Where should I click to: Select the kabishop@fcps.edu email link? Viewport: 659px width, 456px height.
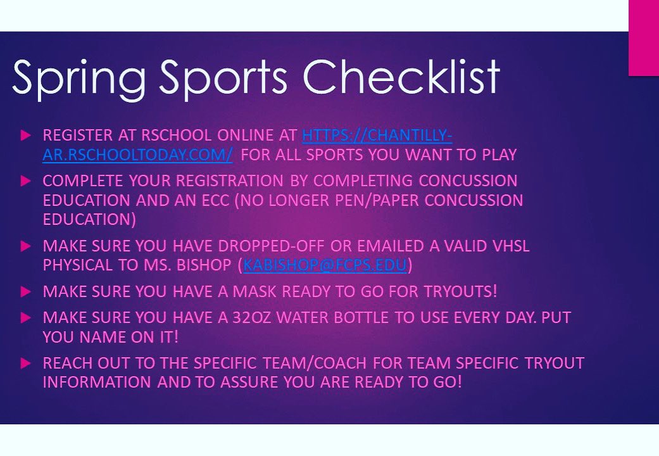(x=324, y=265)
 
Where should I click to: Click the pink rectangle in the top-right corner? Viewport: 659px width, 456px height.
(x=643, y=38)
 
